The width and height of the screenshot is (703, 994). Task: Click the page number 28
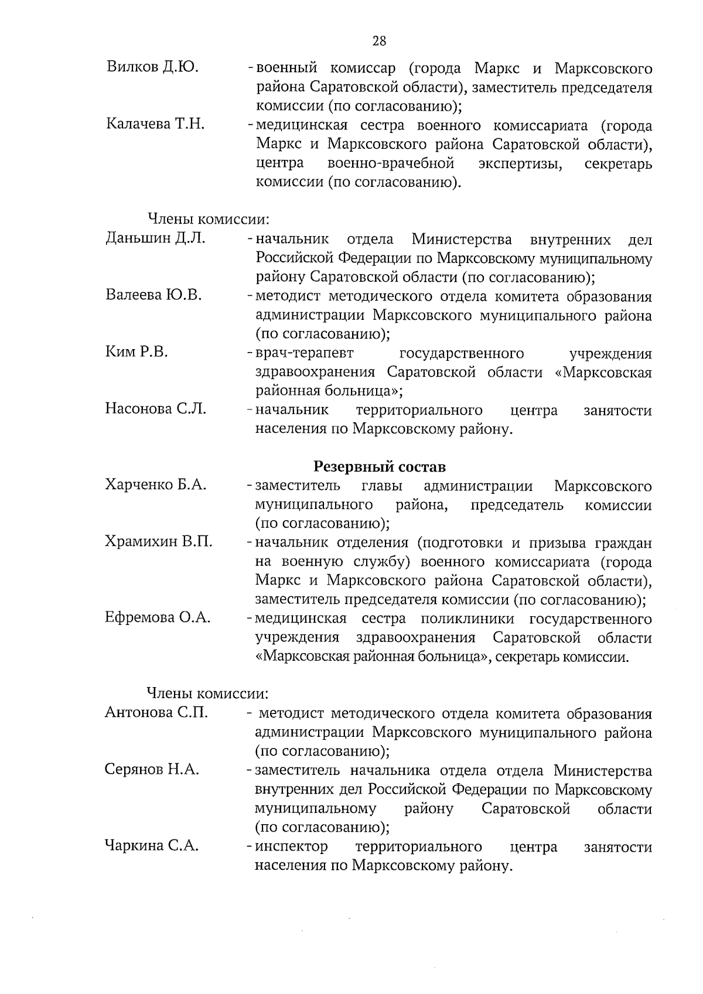point(379,40)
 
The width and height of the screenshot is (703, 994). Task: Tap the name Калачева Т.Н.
point(155,124)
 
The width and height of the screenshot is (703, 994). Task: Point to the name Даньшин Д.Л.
point(155,238)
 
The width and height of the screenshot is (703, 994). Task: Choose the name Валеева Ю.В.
point(153,295)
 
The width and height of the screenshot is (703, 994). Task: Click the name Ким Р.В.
point(136,352)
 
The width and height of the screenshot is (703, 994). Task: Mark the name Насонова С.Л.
point(156,409)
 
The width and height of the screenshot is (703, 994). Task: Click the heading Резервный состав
point(380,466)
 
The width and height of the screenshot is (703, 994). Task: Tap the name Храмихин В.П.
point(159,542)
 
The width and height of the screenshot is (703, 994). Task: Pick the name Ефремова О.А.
point(158,617)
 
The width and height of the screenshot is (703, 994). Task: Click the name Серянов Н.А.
point(152,770)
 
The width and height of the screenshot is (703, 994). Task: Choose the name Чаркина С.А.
point(152,846)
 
